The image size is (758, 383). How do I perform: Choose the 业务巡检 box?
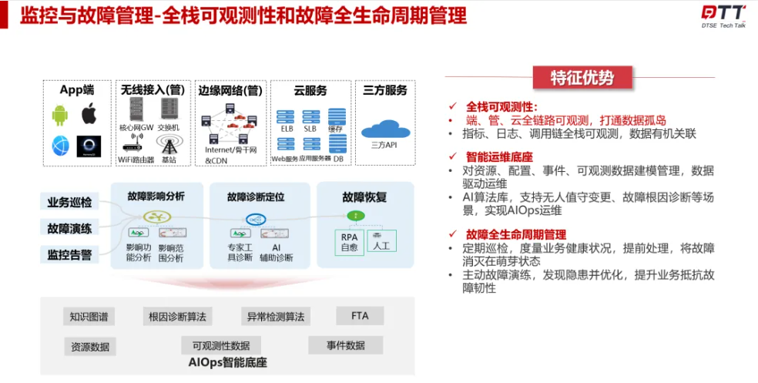click(69, 203)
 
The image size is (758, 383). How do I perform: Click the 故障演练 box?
click(69, 228)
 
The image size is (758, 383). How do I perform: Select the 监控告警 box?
click(69, 254)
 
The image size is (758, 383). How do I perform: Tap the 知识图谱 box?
click(89, 317)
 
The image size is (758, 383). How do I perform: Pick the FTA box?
click(360, 316)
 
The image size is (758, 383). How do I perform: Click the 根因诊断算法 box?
click(178, 317)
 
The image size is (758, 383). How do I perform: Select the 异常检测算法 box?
click(275, 317)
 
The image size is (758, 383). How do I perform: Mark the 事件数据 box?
click(345, 345)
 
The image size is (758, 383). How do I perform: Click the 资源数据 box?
click(90, 346)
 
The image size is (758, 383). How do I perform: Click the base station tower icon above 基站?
click(169, 143)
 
